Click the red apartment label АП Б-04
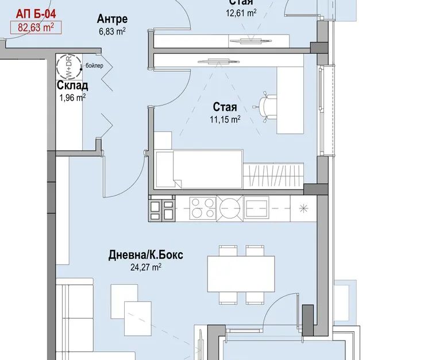[x=36, y=14]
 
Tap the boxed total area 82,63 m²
[x=36, y=28]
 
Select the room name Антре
[x=112, y=19]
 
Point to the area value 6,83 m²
[x=112, y=32]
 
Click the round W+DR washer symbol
[x=69, y=66]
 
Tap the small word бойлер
[x=94, y=65]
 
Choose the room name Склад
[x=72, y=86]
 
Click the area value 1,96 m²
[x=72, y=98]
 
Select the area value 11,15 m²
[x=225, y=119]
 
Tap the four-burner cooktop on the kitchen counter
[x=203, y=208]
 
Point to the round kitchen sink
[x=230, y=208]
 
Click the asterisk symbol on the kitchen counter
[x=303, y=208]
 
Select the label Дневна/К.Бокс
[x=146, y=255]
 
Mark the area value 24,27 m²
[x=146, y=267]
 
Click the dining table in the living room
[x=241, y=274]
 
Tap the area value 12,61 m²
[x=241, y=13]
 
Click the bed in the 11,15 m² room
[x=198, y=169]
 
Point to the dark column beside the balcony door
[x=308, y=320]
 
